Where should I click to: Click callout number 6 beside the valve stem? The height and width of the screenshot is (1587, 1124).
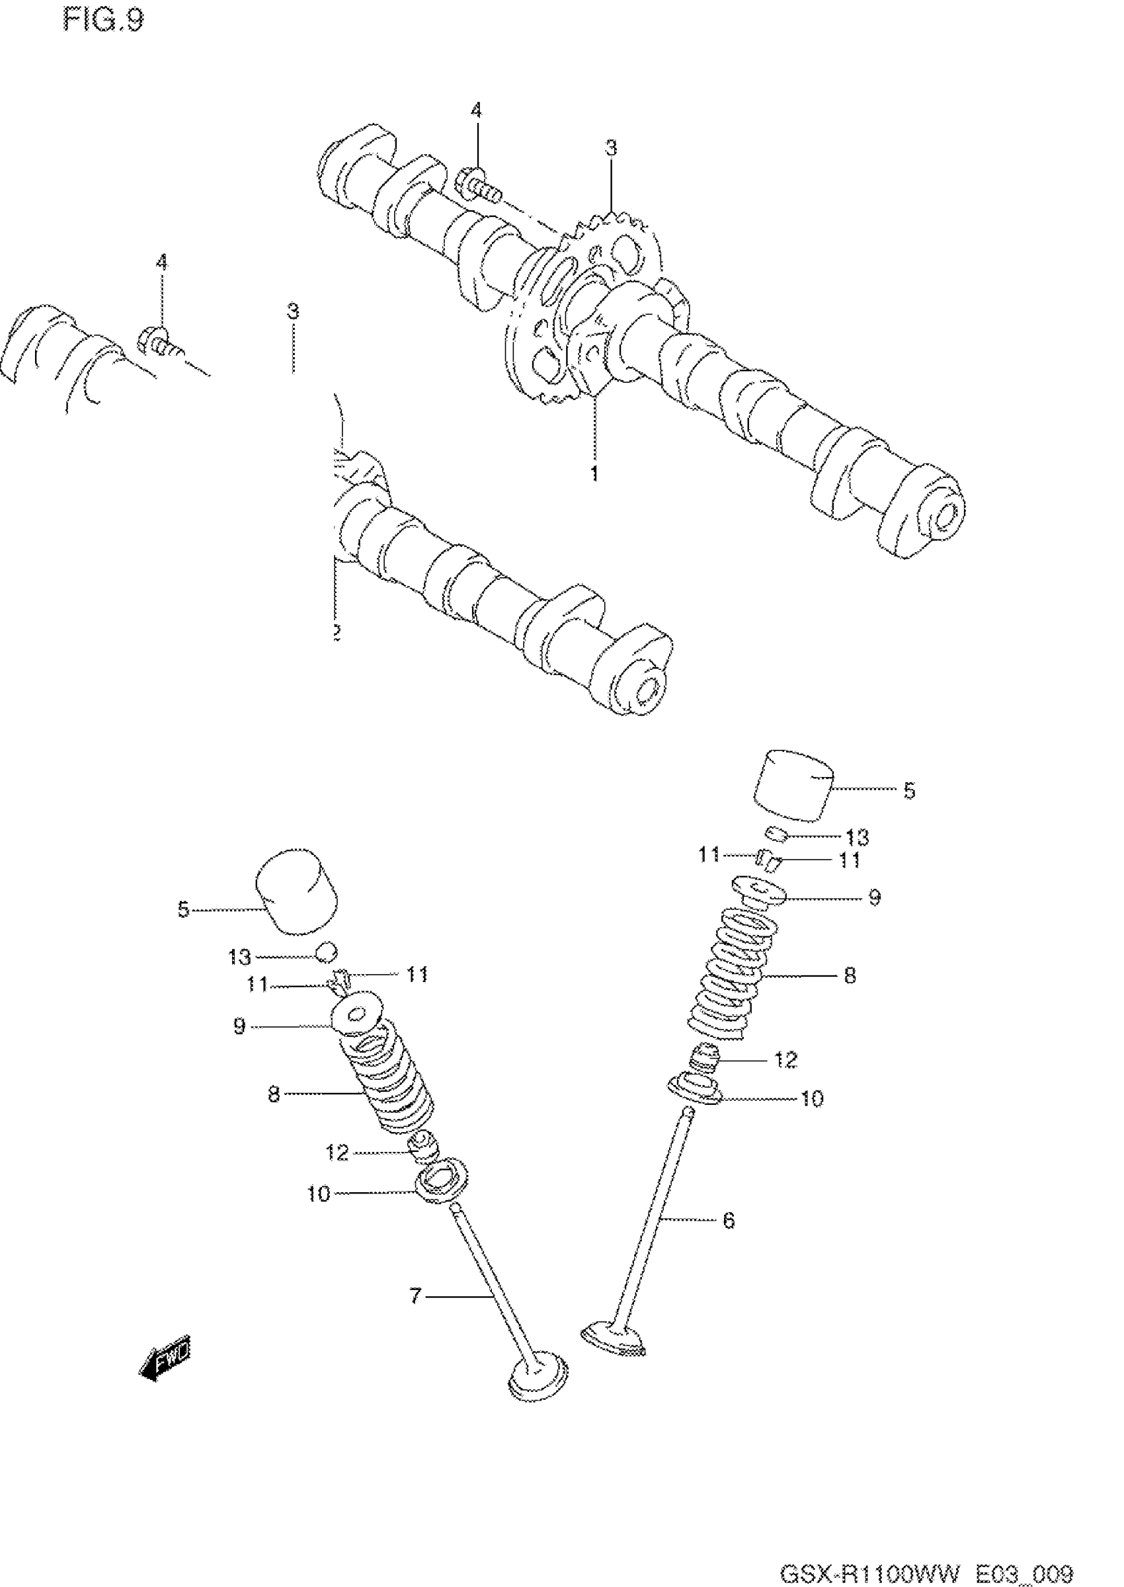click(x=728, y=1220)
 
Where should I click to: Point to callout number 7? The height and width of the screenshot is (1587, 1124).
click(x=415, y=1295)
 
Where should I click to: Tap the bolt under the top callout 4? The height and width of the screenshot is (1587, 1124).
click(x=477, y=184)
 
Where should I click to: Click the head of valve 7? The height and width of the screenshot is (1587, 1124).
click(x=538, y=1395)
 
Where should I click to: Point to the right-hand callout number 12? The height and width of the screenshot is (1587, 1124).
click(x=785, y=1059)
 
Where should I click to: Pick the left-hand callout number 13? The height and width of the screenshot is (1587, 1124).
click(x=239, y=957)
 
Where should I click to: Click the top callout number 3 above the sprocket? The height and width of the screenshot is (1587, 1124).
click(x=611, y=147)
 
